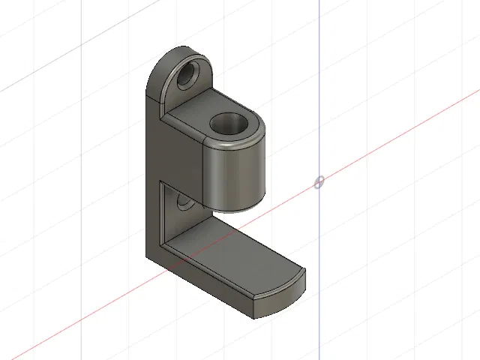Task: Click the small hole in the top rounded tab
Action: click(187, 76)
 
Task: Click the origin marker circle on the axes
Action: click(319, 182)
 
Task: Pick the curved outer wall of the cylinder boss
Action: click(234, 176)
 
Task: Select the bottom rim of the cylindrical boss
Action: click(237, 210)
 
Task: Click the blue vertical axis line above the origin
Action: click(319, 90)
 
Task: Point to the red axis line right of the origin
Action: click(390, 147)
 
